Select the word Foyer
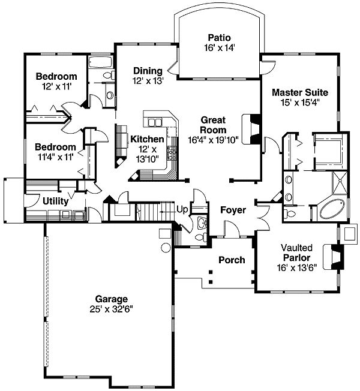coord(232,210)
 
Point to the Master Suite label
coord(299,92)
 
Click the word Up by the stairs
coord(182,209)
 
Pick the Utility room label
coord(55,201)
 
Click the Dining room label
coord(148,71)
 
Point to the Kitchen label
coord(147,139)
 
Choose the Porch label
coord(232,260)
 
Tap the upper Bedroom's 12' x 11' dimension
coord(56,86)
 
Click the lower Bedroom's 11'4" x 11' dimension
coord(55,157)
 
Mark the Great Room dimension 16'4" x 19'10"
coord(213,140)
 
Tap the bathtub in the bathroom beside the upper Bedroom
coord(98,63)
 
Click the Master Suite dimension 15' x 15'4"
coord(299,103)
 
